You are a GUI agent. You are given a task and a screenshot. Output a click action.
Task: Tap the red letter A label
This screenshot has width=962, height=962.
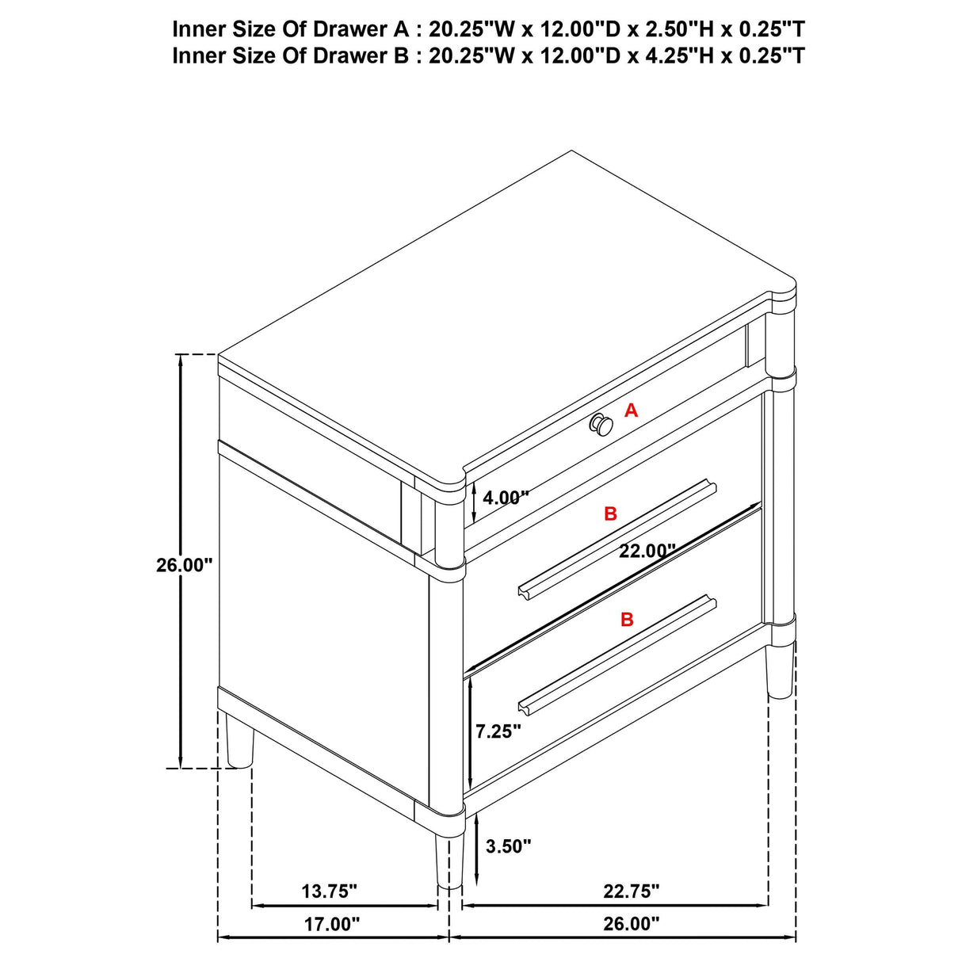pyautogui.click(x=631, y=410)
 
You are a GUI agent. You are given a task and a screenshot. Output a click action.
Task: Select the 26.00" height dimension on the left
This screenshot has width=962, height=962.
pyautogui.click(x=185, y=565)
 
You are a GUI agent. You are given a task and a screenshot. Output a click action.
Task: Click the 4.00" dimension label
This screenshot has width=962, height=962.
pyautogui.click(x=506, y=498)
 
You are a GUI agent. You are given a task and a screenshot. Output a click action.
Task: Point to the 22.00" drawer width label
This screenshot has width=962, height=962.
pyautogui.click(x=647, y=550)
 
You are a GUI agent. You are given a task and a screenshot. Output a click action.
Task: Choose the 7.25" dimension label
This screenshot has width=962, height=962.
pyautogui.click(x=498, y=731)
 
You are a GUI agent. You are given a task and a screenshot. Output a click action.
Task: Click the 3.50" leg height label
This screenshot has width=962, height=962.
pyautogui.click(x=508, y=846)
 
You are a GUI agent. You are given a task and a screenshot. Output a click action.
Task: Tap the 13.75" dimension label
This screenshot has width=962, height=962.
pyautogui.click(x=330, y=891)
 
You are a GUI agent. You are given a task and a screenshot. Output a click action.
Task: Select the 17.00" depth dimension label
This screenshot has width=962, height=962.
pyautogui.click(x=332, y=924)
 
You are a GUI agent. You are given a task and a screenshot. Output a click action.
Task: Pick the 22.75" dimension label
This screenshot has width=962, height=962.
pyautogui.click(x=632, y=891)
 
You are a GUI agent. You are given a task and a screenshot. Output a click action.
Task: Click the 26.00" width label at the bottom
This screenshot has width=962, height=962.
pyautogui.click(x=632, y=924)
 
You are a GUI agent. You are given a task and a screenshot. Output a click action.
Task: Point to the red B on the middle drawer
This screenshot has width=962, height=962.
pyautogui.click(x=610, y=513)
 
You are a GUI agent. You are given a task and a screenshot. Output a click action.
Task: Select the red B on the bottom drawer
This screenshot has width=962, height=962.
pyautogui.click(x=627, y=620)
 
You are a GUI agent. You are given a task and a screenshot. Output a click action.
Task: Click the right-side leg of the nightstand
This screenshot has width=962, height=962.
pyautogui.click(x=781, y=670)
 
